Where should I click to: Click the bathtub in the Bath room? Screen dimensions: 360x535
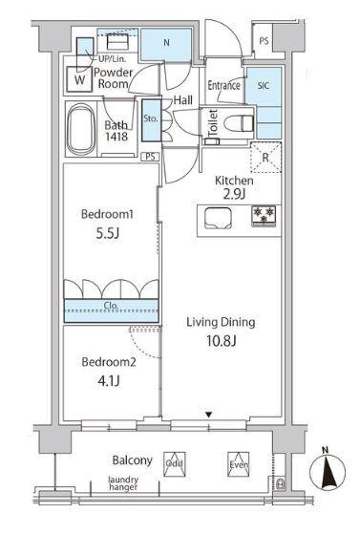[81, 130]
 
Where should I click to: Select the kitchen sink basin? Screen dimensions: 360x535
[218, 218]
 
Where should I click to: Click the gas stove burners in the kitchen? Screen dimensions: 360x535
[264, 216]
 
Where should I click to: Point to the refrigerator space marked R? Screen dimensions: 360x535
[265, 158]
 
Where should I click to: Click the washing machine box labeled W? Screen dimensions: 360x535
[79, 79]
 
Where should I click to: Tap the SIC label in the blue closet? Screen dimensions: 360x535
[264, 85]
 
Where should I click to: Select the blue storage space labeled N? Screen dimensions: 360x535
[166, 45]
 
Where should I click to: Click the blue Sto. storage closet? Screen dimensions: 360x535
[151, 120]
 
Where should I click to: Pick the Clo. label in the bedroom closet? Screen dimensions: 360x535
[111, 306]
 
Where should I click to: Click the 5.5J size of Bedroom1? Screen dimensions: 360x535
[107, 234]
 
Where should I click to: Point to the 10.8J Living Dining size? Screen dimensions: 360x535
[221, 340]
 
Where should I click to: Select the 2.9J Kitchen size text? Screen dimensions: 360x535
[234, 194]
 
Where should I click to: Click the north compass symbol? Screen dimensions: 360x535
[328, 473]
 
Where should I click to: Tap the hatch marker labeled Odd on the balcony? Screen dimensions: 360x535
[174, 463]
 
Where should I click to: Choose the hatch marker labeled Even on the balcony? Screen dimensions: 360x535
[239, 464]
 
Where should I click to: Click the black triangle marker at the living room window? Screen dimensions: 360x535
[208, 415]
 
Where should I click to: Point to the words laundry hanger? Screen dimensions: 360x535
[123, 483]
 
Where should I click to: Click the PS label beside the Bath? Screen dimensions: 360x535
[150, 157]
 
